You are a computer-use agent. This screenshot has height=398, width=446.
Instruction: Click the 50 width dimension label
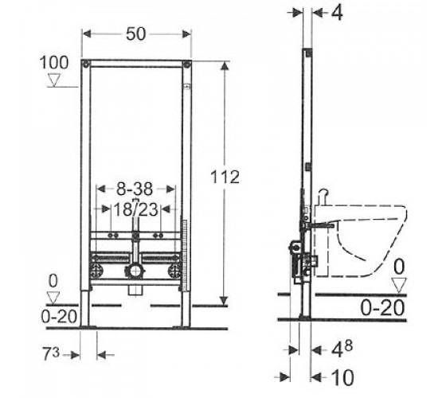(x=136, y=33)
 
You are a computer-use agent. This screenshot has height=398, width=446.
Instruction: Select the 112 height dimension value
(x=225, y=177)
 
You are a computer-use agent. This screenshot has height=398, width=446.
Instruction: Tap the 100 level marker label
(x=54, y=63)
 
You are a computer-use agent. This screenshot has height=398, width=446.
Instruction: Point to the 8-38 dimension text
(x=135, y=189)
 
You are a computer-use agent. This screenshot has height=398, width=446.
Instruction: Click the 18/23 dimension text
(x=135, y=210)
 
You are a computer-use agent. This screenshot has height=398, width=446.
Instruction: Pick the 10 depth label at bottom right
(x=343, y=377)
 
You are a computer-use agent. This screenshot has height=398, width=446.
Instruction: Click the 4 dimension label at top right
(x=338, y=13)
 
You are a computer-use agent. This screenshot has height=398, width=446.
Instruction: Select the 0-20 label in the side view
(x=382, y=307)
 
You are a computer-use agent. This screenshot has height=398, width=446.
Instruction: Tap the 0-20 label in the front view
(x=59, y=316)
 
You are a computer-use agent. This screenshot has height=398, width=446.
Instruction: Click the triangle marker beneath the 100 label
(x=54, y=80)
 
